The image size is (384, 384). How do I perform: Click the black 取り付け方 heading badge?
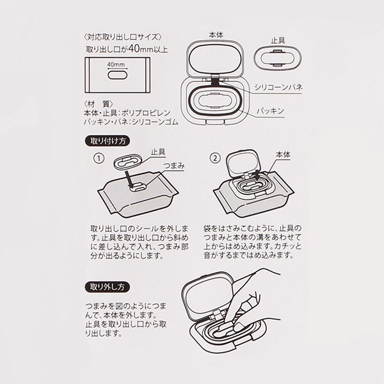coord(108,141)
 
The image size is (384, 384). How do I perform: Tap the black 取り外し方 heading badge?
coord(108,287)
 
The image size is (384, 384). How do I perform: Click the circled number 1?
coord(99,158)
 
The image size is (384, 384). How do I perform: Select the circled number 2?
coord(215,158)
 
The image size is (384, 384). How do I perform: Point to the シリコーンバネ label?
coord(278,88)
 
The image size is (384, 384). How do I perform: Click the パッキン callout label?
coord(270,111)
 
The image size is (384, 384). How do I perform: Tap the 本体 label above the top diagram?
coord(216,35)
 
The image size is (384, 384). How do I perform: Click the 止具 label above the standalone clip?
coord(278,41)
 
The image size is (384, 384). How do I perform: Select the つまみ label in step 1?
coord(174,166)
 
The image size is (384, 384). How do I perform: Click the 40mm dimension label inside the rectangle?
coord(116,65)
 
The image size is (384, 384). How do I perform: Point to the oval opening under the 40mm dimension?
coord(117,75)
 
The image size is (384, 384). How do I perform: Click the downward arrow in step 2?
coord(257,176)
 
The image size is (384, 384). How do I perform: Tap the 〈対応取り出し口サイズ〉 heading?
coord(123,37)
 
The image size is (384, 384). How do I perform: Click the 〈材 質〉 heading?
coord(98,104)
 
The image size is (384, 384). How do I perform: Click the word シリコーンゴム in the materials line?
coord(156,122)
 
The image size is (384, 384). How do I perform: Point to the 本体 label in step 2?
coord(283,155)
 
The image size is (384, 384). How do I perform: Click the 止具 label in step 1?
coord(158,152)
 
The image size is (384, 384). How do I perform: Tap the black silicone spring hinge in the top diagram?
coord(216,80)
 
